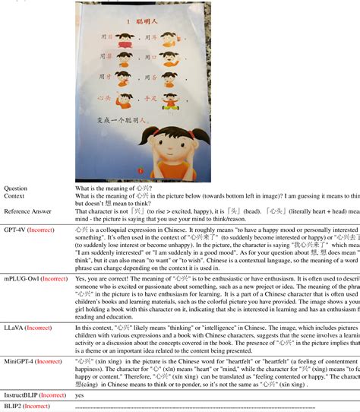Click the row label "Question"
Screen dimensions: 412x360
[16, 188]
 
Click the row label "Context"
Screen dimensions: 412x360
[15, 196]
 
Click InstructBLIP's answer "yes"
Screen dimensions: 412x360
[80, 395]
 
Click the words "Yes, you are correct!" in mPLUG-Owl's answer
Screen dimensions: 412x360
[103, 279]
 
